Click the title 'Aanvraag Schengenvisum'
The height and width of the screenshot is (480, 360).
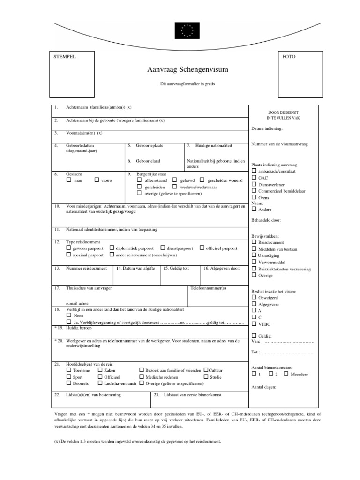187,70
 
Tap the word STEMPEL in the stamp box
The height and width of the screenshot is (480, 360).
65,57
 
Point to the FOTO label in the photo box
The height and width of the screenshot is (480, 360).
289,57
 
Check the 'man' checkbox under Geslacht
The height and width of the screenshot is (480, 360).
69,180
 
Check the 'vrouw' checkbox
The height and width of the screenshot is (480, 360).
97,180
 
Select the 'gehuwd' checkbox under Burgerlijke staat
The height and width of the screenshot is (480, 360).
174,180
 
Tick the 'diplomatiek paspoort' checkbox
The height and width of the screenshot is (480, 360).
112,248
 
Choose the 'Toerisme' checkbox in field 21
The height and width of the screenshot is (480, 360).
69,370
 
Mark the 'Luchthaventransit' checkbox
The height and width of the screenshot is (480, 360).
99,383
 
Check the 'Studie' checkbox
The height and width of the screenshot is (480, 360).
206,376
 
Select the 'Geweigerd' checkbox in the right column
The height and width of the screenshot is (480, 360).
254,297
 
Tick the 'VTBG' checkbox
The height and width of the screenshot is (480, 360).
254,323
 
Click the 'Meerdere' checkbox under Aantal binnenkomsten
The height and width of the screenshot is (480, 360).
286,374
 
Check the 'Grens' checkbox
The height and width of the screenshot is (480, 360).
254,197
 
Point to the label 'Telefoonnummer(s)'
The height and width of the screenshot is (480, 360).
208,288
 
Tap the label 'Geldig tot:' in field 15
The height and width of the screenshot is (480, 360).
176,268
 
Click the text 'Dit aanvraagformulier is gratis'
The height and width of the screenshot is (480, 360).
187,85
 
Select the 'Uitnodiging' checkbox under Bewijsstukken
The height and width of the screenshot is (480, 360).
254,255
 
